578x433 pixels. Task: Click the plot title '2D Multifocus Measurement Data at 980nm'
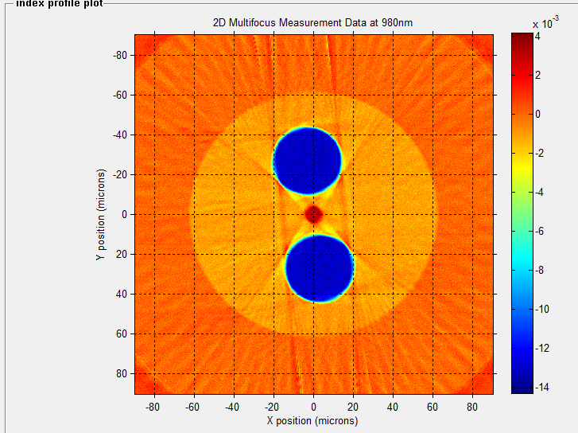click(x=312, y=22)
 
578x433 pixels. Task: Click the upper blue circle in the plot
click(x=308, y=162)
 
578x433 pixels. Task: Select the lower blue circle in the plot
click(x=320, y=268)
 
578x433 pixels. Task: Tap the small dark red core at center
click(x=313, y=214)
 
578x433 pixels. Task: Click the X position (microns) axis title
click(x=312, y=421)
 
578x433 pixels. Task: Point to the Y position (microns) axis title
click(x=101, y=214)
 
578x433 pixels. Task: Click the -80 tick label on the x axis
click(x=153, y=406)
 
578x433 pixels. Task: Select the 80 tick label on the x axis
click(x=472, y=406)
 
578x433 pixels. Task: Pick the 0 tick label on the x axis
click(x=313, y=406)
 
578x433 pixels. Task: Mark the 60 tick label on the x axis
click(x=433, y=406)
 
